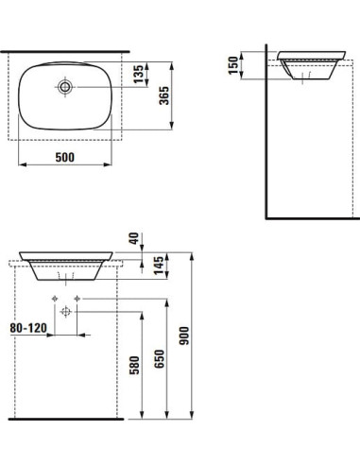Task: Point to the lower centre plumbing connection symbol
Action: point(65,311)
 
